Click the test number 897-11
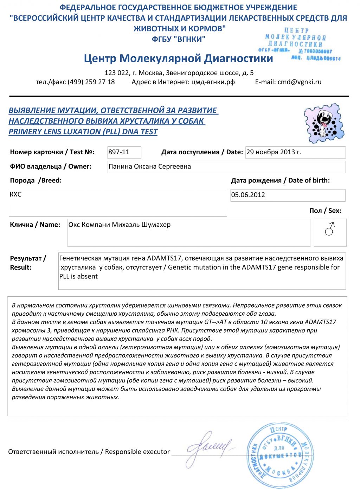119,152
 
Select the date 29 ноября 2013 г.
274,152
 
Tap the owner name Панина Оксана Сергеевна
149,167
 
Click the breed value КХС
16,195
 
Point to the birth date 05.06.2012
248,195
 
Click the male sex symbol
329,230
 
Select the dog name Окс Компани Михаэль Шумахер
120,225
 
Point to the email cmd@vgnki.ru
299,82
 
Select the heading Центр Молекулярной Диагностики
178,58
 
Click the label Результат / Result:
28,263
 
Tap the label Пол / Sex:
325,211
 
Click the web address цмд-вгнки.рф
213,82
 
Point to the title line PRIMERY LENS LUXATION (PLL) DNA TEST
83,132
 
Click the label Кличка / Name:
35,225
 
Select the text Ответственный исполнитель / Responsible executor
89,452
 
